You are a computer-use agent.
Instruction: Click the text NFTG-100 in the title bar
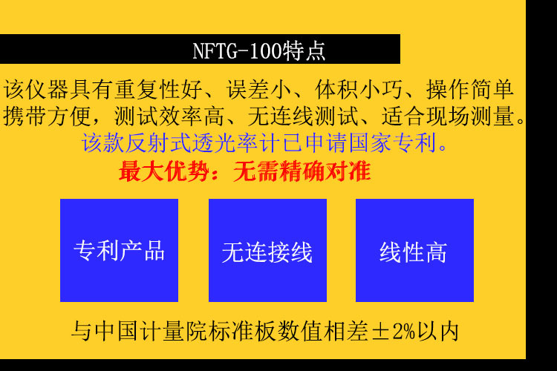[237, 50]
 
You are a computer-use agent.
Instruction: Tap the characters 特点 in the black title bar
[304, 50]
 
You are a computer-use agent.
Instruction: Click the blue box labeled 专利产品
[119, 250]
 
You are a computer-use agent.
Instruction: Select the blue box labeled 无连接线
[267, 250]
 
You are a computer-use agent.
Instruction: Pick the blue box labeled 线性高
[414, 250]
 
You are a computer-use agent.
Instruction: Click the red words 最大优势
[164, 171]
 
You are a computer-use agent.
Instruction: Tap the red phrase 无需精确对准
[302, 171]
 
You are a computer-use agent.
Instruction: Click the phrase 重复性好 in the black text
[158, 89]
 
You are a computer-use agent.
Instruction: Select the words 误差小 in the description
[259, 89]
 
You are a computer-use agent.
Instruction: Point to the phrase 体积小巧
[359, 89]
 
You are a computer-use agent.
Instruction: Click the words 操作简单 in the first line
[469, 89]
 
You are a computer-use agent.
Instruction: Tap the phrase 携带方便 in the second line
[47, 116]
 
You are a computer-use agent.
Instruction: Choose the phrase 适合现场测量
[448, 116]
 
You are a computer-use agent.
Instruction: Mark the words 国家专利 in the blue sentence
[392, 143]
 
